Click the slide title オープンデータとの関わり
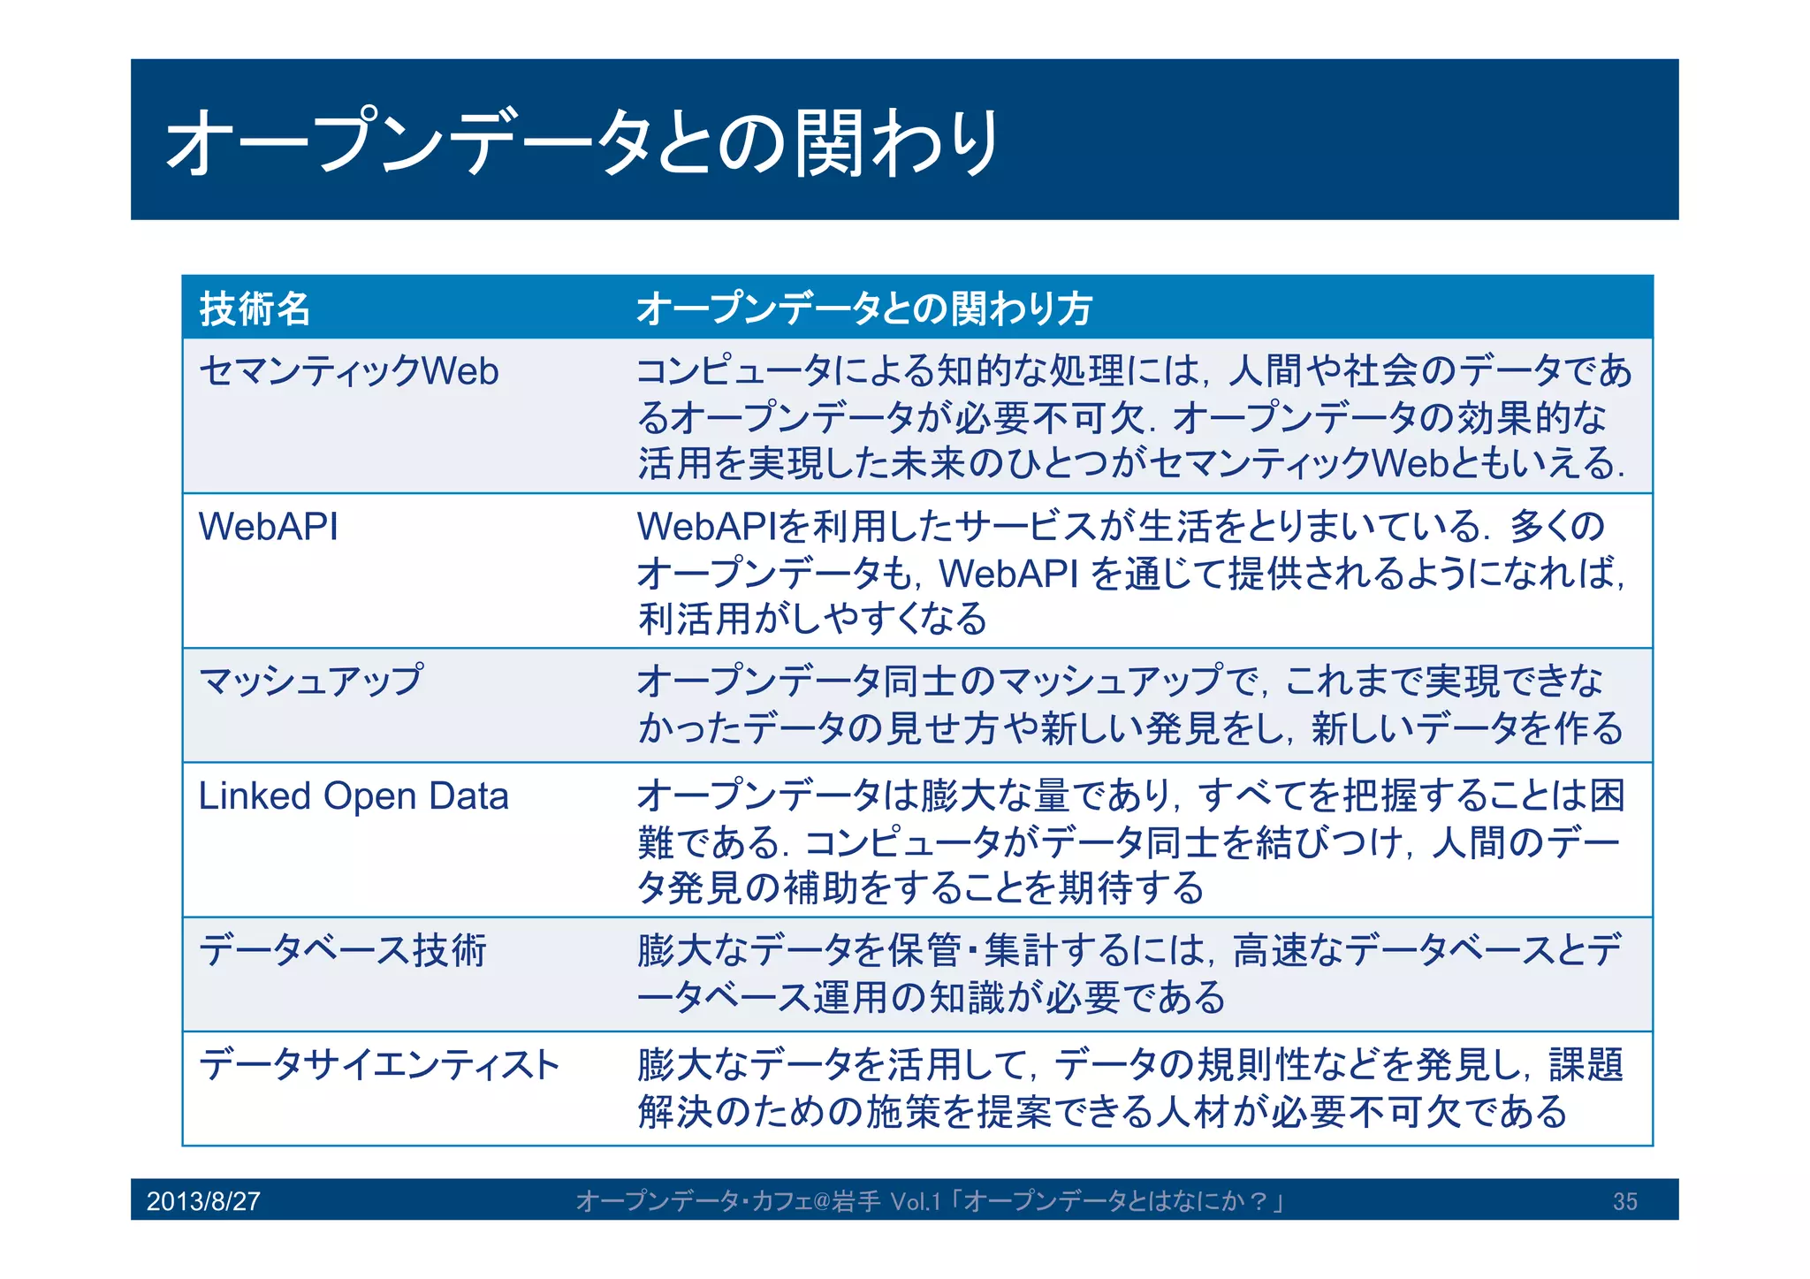pyautogui.click(x=582, y=142)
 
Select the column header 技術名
pyautogui.click(x=255, y=308)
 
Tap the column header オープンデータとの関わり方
pyautogui.click(x=863, y=308)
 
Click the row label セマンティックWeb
pyautogui.click(x=348, y=371)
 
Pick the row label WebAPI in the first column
pyautogui.click(x=268, y=527)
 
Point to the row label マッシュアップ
pyautogui.click(x=311, y=681)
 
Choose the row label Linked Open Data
pyautogui.click(x=353, y=796)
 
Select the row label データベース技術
pyautogui.click(x=342, y=951)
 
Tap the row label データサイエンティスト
pyautogui.click(x=379, y=1064)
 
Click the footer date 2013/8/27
pyautogui.click(x=203, y=1201)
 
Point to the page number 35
pyautogui.click(x=1624, y=1201)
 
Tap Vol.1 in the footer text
pyautogui.click(x=916, y=1201)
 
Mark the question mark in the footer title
pyautogui.click(x=1259, y=1201)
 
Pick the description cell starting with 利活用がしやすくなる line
pyautogui.click(x=812, y=619)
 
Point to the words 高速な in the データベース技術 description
pyautogui.click(x=1287, y=951)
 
